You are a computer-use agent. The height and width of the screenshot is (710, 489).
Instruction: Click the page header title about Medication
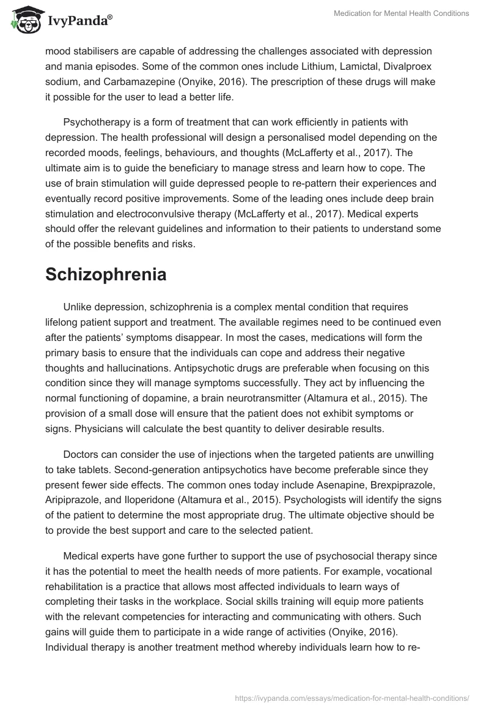click(x=401, y=14)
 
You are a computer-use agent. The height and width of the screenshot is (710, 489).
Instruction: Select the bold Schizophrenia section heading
click(x=106, y=274)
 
